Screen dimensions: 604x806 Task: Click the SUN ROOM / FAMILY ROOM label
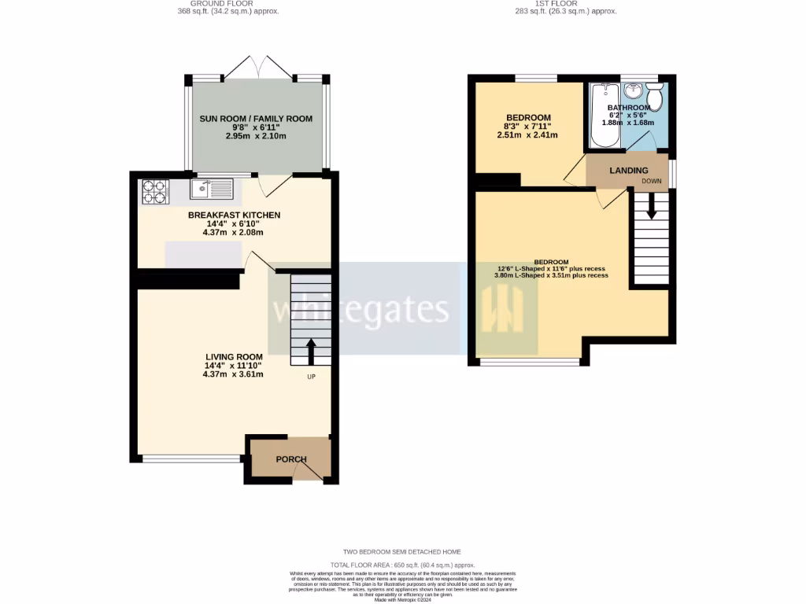coord(256,119)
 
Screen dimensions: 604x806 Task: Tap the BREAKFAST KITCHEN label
coord(234,215)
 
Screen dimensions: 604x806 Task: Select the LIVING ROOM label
coord(234,356)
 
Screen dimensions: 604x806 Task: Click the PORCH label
coord(290,459)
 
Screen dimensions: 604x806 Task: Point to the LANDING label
coord(629,171)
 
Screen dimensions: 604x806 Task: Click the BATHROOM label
coord(628,108)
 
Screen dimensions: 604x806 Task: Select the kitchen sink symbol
coord(212,189)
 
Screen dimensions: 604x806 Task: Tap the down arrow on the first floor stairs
coord(650,207)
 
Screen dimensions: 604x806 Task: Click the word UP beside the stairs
coord(312,377)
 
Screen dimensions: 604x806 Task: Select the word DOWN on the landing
coord(652,181)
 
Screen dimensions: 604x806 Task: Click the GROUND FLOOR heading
coord(227,3)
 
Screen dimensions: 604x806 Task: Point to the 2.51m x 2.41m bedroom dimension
coord(527,134)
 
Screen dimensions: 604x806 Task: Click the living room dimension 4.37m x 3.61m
coord(232,374)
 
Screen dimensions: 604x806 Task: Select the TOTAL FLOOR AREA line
coord(402,565)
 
